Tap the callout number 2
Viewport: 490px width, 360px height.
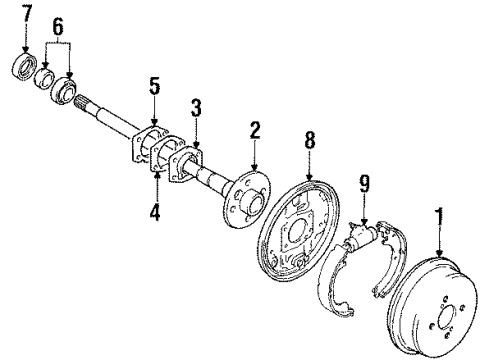click(x=255, y=130)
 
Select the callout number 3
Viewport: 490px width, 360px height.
click(x=197, y=108)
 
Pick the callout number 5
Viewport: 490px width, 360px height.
click(x=154, y=87)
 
